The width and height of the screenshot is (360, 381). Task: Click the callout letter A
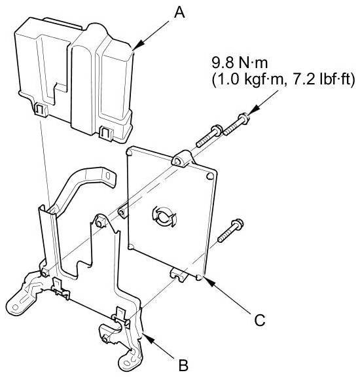coord(179,12)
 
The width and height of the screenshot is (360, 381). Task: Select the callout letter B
coord(184,365)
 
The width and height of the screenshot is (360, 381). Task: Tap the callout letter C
coord(260,320)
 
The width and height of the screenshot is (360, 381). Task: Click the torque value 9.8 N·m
coord(240,63)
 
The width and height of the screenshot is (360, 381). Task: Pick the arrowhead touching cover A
coord(138,46)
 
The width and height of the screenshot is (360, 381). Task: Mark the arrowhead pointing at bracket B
coord(149,338)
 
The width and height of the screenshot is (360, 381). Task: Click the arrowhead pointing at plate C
coord(210,282)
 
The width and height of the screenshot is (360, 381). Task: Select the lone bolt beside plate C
coord(230,230)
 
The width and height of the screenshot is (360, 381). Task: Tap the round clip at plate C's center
coord(164,217)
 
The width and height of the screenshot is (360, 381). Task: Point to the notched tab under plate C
coord(179,275)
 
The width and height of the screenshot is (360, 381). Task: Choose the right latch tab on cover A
coord(106,134)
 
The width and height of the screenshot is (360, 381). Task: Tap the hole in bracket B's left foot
coord(15,307)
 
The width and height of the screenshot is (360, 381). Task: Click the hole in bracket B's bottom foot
coord(126,363)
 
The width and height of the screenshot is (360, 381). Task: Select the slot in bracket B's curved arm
coord(107,175)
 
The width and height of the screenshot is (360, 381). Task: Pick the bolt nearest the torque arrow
coord(236,124)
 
